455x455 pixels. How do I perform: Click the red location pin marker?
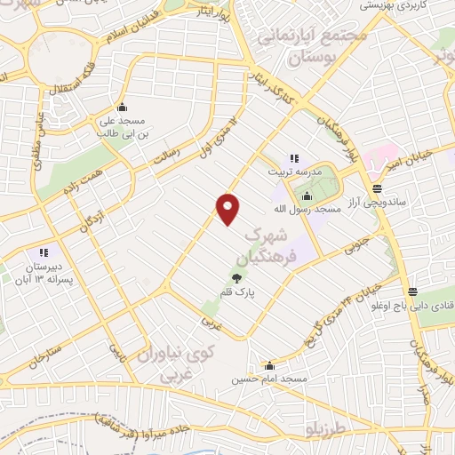click(228, 209)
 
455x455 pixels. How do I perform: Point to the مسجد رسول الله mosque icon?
click(307, 196)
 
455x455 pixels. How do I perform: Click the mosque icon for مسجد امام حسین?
click(269, 364)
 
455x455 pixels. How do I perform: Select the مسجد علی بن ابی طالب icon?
click(134, 108)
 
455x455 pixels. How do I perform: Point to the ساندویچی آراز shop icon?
click(378, 188)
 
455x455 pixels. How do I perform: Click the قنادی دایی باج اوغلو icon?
click(413, 291)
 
